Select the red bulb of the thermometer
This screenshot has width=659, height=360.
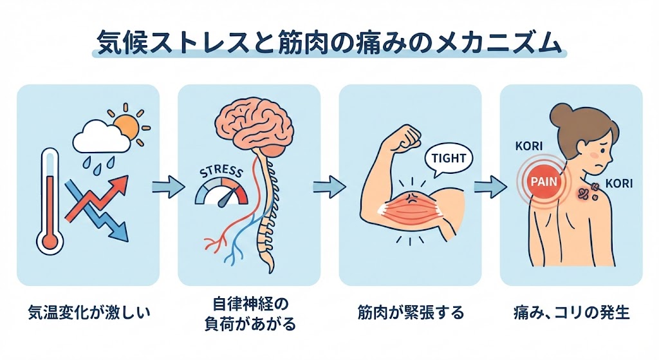click(50, 242)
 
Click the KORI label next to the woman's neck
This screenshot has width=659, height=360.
click(619, 184)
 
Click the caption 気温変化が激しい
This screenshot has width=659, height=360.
click(88, 314)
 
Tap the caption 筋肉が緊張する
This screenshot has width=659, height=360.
click(410, 314)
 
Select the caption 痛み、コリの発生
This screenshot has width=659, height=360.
click(571, 314)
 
